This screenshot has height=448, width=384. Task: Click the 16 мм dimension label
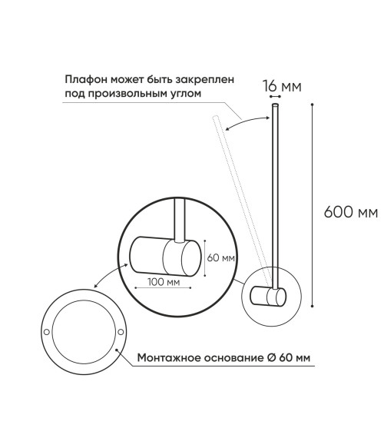coord(282,86)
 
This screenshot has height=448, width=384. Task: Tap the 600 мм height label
coord(351,213)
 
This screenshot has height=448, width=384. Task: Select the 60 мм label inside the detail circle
coord(220,257)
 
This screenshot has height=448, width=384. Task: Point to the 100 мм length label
coord(164,282)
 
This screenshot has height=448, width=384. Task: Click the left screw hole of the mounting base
coord(46,332)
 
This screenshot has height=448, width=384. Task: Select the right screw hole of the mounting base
coord(121,332)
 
